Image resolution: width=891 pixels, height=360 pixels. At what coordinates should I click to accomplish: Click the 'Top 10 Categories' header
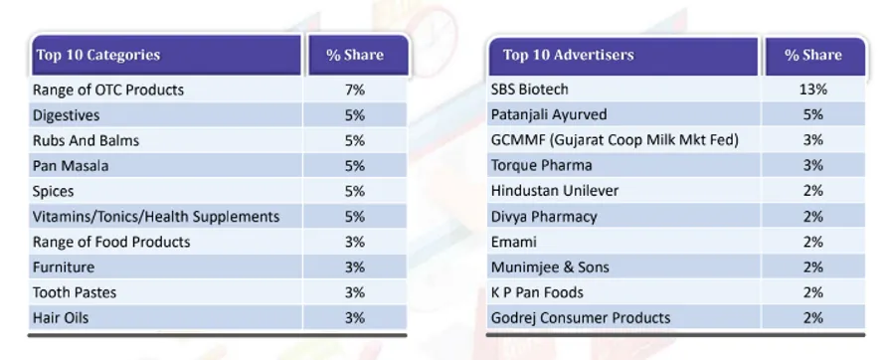pos(98,55)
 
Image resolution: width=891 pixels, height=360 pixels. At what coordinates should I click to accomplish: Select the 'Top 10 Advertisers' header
pos(568,55)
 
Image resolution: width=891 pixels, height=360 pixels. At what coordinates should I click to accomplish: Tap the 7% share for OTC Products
pos(355,90)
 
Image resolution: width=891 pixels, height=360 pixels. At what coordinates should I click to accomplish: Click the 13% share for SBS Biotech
pos(813,90)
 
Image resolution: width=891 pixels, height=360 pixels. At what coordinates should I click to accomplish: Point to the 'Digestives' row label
pos(66,115)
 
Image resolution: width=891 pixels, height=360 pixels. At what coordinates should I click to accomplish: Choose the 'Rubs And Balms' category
pos(86,140)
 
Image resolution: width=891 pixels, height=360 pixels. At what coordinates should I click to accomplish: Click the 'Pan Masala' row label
pos(71,166)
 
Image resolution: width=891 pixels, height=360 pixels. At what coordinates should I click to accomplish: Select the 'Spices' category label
pos(54,191)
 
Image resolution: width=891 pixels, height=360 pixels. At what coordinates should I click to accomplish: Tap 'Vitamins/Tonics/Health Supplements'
pos(156,217)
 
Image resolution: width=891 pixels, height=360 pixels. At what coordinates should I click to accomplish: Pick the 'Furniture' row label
pos(64,267)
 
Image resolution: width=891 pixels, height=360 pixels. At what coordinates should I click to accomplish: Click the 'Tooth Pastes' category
pos(75,292)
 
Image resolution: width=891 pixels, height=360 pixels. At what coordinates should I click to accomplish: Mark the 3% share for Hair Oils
pos(355,317)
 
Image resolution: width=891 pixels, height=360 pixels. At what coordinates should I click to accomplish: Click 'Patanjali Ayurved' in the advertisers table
pos(549,114)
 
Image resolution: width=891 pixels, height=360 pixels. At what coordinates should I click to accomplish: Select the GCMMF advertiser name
pos(615,139)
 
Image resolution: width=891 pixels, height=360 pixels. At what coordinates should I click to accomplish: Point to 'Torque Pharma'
pos(542,165)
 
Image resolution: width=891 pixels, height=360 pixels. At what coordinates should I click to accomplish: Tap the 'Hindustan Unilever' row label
pos(555,191)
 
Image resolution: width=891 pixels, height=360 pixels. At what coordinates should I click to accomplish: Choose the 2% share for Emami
pos(813,242)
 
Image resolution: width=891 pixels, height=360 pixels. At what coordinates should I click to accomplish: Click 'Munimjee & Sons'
pos(550,267)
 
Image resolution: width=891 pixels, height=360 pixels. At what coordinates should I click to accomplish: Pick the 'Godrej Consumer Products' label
pos(581,317)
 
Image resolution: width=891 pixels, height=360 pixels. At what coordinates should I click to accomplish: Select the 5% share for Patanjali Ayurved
pos(813,114)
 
